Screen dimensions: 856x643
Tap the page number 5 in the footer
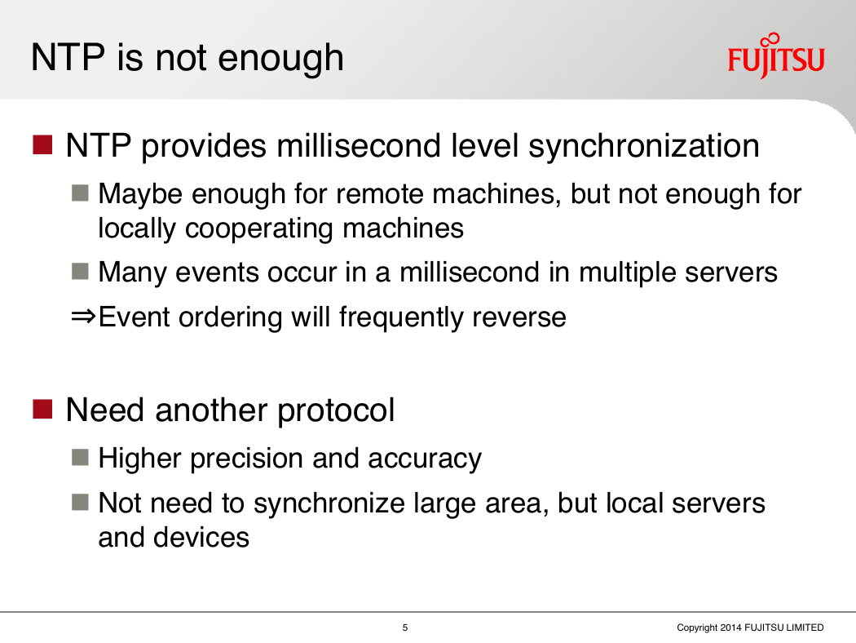pos(405,627)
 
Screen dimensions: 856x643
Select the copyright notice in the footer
pos(750,627)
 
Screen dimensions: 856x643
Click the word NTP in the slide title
pos(68,57)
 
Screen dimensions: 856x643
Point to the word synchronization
pos(644,146)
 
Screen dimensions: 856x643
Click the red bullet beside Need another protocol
pos(42,409)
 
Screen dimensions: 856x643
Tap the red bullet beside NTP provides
pos(42,144)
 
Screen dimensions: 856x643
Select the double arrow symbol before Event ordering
pos(83,317)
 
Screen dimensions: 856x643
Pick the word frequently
pos(401,318)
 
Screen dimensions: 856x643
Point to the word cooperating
pos(258,229)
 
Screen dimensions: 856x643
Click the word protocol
pos(336,410)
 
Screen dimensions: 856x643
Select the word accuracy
pos(425,459)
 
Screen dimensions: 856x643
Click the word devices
pos(201,538)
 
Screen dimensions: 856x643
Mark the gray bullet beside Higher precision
pos(80,457)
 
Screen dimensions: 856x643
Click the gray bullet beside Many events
pos(80,271)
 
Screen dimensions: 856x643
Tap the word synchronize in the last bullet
pos(329,504)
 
